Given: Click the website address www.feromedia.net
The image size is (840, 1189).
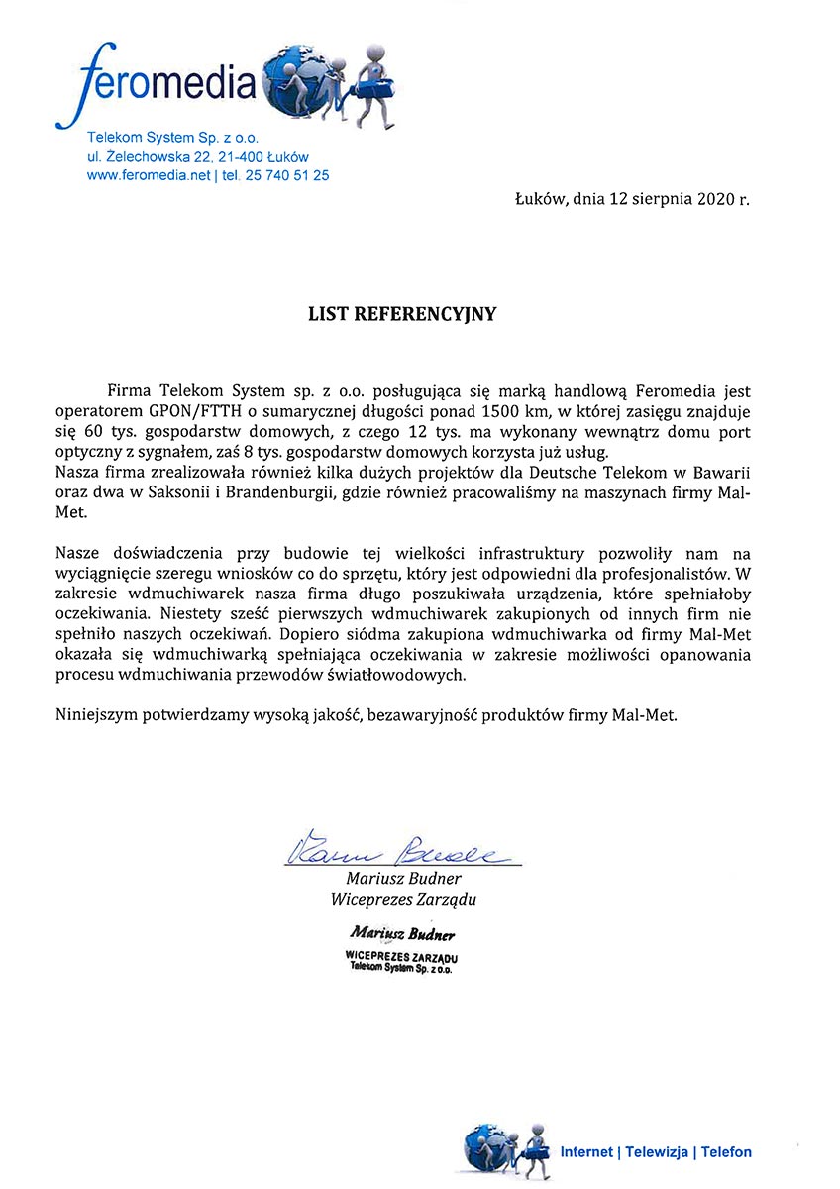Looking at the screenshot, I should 150,175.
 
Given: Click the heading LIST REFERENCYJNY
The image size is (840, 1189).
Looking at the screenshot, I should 401,314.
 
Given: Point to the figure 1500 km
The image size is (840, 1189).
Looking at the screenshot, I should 484,410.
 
